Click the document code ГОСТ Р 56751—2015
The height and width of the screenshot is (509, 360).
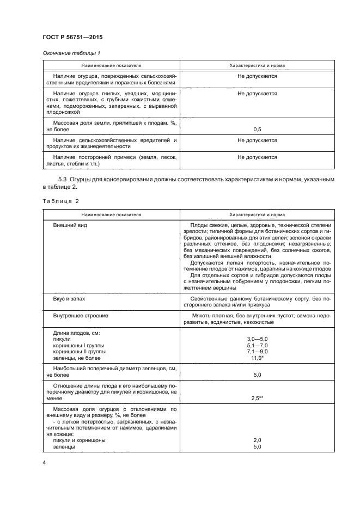pyautogui.click(x=72, y=37)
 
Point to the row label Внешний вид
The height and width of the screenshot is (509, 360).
pyautogui.click(x=70, y=225)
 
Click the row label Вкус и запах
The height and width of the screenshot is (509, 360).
pyautogui.click(x=69, y=299)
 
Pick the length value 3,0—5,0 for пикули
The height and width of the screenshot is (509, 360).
pyautogui.click(x=257, y=339)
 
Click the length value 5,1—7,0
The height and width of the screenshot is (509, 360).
pyautogui.click(x=257, y=345)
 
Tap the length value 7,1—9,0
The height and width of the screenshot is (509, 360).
pyautogui.click(x=257, y=352)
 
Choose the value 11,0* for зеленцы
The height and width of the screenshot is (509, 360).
pyautogui.click(x=257, y=358)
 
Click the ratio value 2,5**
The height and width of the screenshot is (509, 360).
pyautogui.click(x=257, y=398)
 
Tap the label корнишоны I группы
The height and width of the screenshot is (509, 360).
pyautogui.click(x=78, y=345)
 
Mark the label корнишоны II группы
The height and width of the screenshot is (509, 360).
pyautogui.click(x=80, y=352)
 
